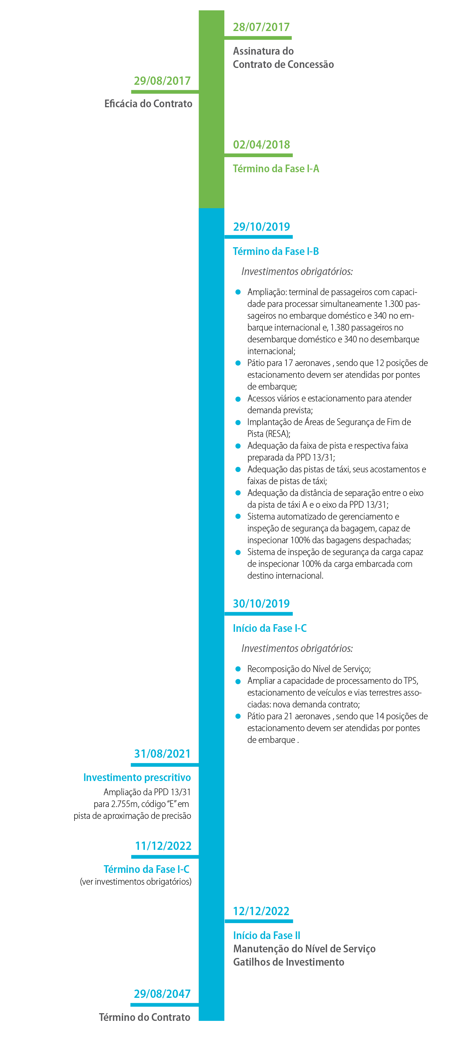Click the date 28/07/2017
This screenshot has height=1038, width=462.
(261, 27)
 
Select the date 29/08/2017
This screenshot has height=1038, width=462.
(162, 81)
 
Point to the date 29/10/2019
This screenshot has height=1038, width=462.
(261, 227)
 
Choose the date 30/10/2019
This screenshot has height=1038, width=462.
(261, 603)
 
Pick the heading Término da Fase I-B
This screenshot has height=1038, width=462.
(276, 251)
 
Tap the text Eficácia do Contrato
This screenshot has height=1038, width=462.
(148, 104)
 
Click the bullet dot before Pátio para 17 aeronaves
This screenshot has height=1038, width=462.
(238, 363)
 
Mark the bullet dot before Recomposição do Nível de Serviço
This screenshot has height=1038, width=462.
(238, 669)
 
